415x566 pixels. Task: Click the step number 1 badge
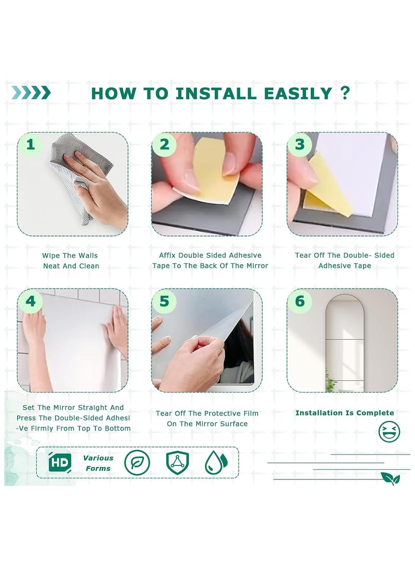coord(31,144)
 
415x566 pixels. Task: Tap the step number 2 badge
coord(164,144)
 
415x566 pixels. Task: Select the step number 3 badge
coord(299,144)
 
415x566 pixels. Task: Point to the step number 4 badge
coord(31,301)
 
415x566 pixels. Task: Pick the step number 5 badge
coord(164,301)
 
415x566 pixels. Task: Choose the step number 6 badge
coord(299,301)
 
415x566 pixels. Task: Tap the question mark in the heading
coord(345,93)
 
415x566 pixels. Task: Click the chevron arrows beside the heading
coord(31,93)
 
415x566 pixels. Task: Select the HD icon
coord(60,462)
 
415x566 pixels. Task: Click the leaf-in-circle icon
coord(137,462)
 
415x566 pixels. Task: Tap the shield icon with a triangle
coord(177,462)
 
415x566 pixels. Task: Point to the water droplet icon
coord(216,462)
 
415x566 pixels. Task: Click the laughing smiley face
coord(389,431)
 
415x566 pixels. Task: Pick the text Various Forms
coord(98,463)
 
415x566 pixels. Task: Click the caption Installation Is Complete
coord(344,413)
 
